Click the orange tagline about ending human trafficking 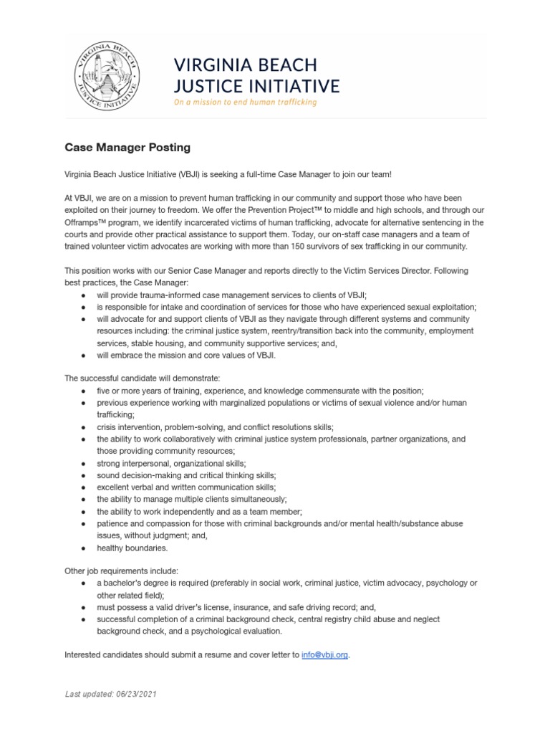[x=245, y=103]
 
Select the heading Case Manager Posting [x=127, y=148]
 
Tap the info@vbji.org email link [x=324, y=655]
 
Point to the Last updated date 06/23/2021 [x=111, y=695]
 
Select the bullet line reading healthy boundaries [x=132, y=548]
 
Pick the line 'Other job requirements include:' [x=121, y=571]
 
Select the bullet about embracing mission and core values [x=186, y=355]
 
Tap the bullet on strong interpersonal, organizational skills [x=171, y=463]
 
